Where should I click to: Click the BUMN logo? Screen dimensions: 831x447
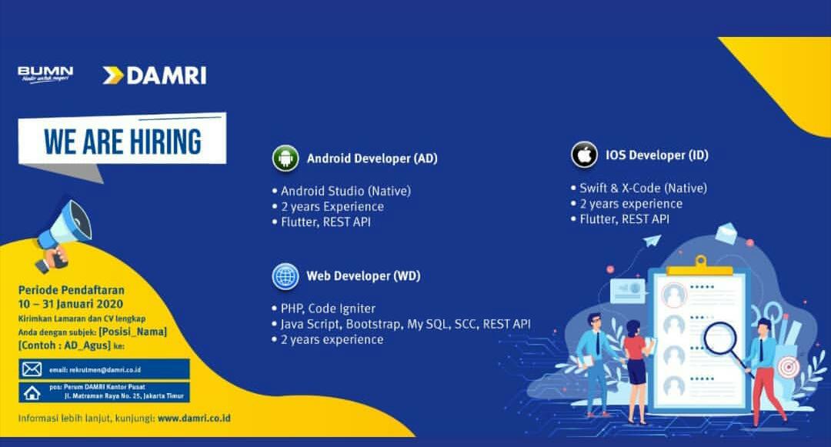pyautogui.click(x=45, y=75)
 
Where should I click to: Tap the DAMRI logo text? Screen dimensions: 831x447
pyautogui.click(x=166, y=75)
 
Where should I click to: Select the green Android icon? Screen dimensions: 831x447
pyautogui.click(x=285, y=158)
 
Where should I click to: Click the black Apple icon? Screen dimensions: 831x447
pyautogui.click(x=584, y=155)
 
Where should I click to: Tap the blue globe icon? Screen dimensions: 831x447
pyautogui.click(x=285, y=276)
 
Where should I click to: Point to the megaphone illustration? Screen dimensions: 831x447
pyautogui.click(x=62, y=234)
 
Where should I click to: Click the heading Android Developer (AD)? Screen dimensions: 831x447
pyautogui.click(x=372, y=158)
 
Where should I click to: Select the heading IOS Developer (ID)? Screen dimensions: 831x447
pyautogui.click(x=656, y=155)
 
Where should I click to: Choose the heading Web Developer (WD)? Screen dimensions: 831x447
pyautogui.click(x=363, y=276)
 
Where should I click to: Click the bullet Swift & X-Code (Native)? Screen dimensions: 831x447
pyautogui.click(x=642, y=188)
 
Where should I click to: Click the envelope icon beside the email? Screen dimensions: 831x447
pyautogui.click(x=32, y=369)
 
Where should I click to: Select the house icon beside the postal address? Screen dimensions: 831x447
pyautogui.click(x=32, y=392)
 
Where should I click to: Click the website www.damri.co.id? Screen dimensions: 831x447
pyautogui.click(x=194, y=418)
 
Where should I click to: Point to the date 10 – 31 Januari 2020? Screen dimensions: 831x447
pyautogui.click(x=71, y=304)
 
